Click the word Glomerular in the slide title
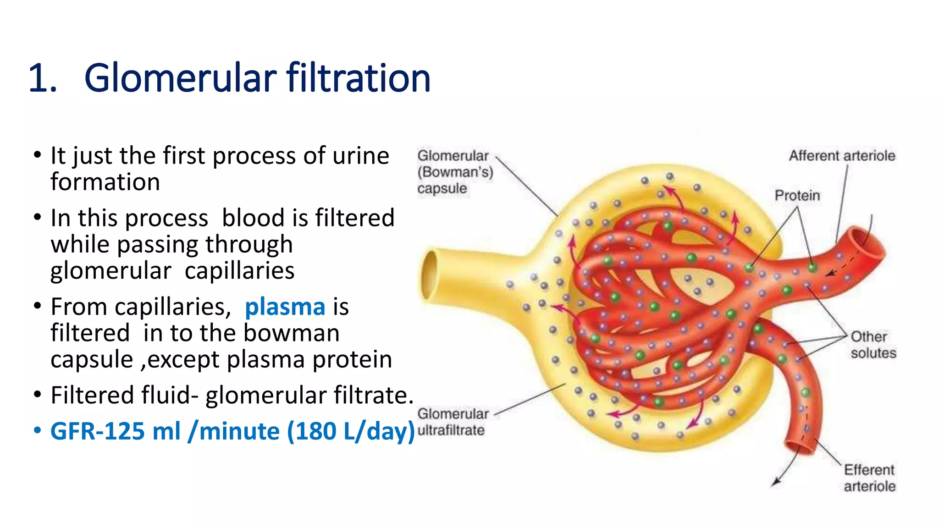(x=180, y=78)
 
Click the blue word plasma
(x=285, y=307)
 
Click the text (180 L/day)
(x=351, y=431)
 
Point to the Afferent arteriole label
(x=842, y=156)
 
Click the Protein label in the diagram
(x=797, y=196)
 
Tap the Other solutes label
(x=873, y=345)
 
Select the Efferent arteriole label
(x=869, y=478)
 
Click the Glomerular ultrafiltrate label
(x=453, y=422)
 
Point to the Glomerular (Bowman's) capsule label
(x=454, y=172)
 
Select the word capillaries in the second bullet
(x=239, y=271)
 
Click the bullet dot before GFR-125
(x=38, y=431)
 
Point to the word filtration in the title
(x=359, y=78)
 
